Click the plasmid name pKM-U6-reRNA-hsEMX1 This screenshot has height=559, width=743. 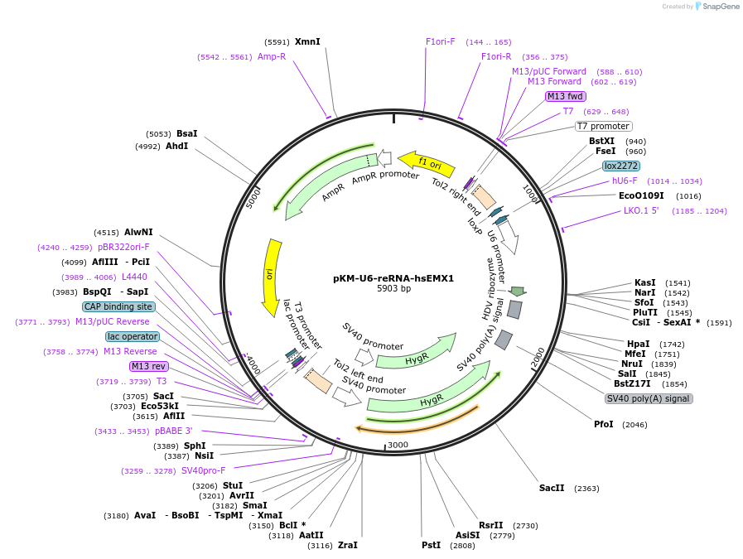[393, 278]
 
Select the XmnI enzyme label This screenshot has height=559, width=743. [307, 41]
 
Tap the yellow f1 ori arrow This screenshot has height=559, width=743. [426, 163]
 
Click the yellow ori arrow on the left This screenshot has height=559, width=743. [270, 277]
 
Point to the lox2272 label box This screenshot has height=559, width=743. [621, 166]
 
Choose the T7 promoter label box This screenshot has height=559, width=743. [603, 126]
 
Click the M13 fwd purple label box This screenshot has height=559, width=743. [566, 96]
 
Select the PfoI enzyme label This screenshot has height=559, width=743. [604, 424]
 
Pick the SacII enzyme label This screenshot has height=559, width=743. [552, 489]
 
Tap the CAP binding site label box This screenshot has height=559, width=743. [118, 306]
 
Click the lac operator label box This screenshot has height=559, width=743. [132, 336]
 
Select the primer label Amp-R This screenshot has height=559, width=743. [272, 56]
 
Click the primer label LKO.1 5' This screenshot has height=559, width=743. [641, 210]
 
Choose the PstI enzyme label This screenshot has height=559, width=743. [431, 546]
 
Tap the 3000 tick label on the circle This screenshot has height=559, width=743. [398, 445]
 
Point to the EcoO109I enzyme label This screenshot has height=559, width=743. [641, 195]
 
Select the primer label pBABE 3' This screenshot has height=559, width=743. [173, 431]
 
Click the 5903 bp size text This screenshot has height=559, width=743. [393, 289]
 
